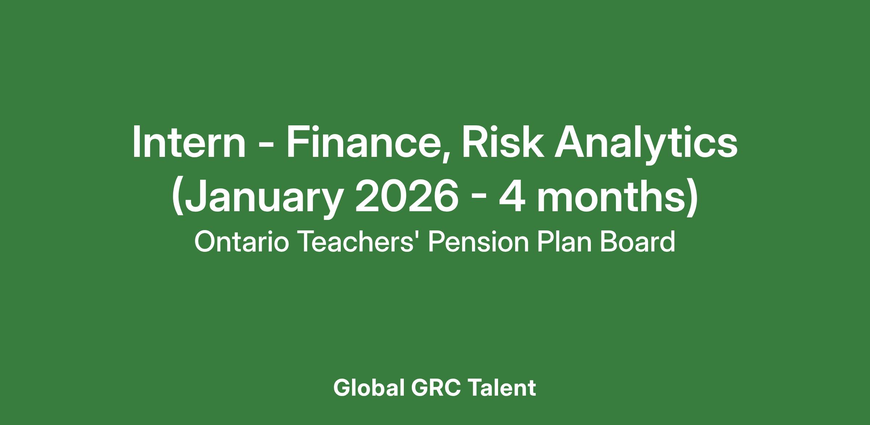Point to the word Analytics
(646, 145)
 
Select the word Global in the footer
(369, 388)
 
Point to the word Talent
(502, 388)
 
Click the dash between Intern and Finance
(266, 146)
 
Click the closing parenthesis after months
(692, 199)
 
